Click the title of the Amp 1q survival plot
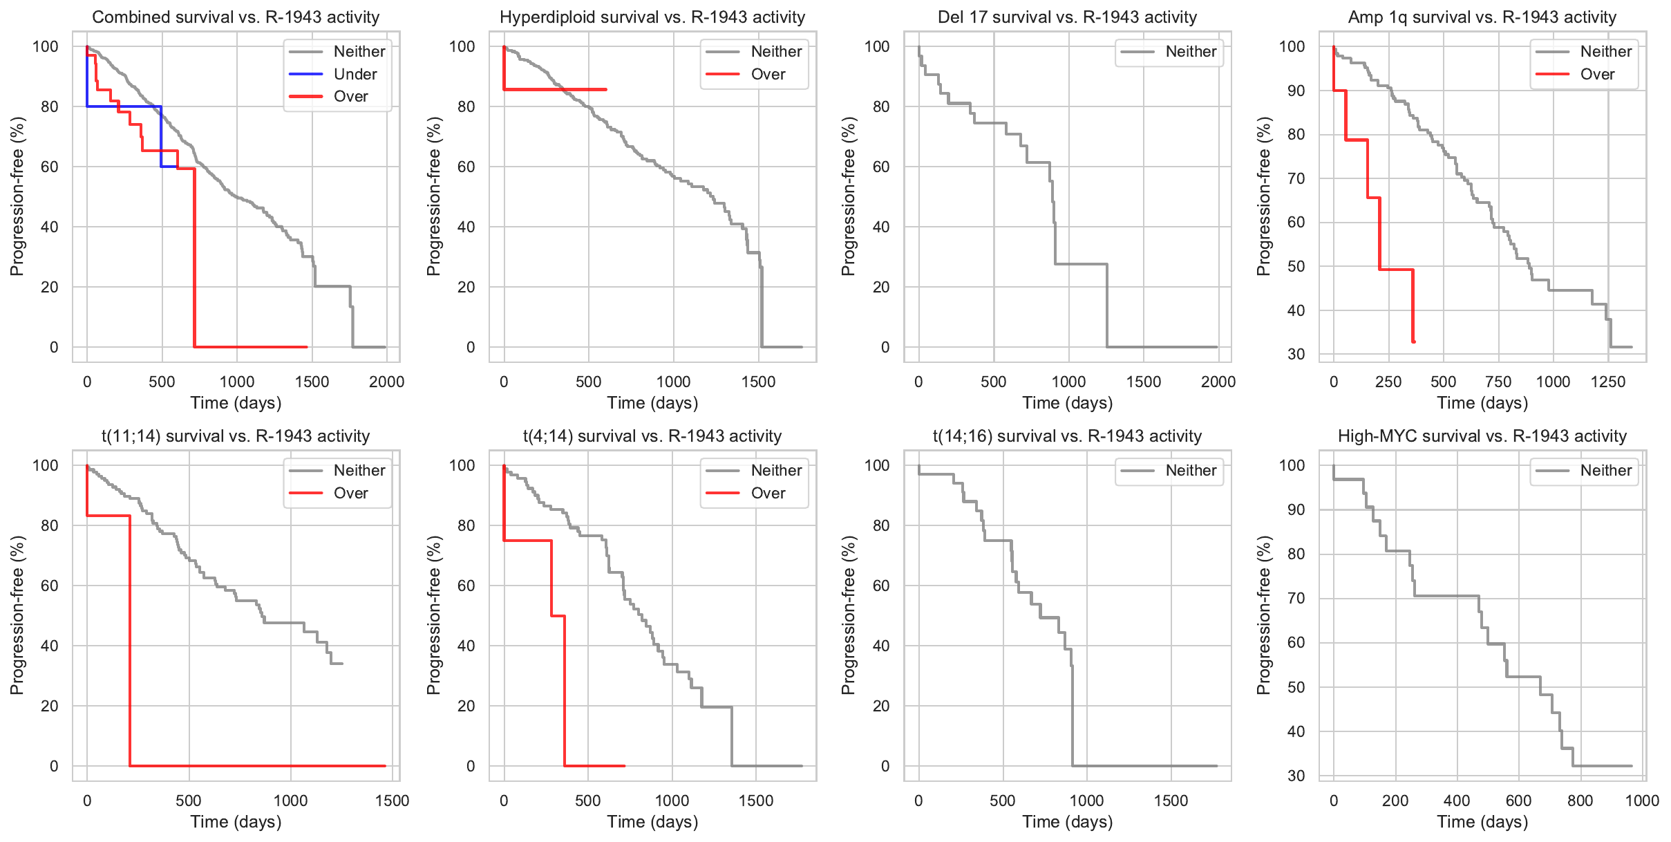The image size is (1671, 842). (1482, 17)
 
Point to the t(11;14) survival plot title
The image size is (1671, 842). (236, 436)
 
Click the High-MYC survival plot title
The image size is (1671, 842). (1482, 436)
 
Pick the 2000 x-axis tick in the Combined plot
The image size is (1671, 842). (386, 382)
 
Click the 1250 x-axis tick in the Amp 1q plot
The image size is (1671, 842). (1607, 382)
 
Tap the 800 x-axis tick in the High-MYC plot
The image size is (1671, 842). (1580, 801)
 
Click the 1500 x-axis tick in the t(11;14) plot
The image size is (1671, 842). (392, 801)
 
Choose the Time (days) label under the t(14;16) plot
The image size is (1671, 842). (1067, 821)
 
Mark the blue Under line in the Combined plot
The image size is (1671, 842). (124, 106)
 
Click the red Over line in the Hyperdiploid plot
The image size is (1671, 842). (553, 89)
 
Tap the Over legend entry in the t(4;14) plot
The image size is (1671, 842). (768, 493)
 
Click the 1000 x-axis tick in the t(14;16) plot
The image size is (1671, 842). (1086, 801)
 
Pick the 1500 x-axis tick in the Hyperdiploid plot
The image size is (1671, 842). (758, 382)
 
